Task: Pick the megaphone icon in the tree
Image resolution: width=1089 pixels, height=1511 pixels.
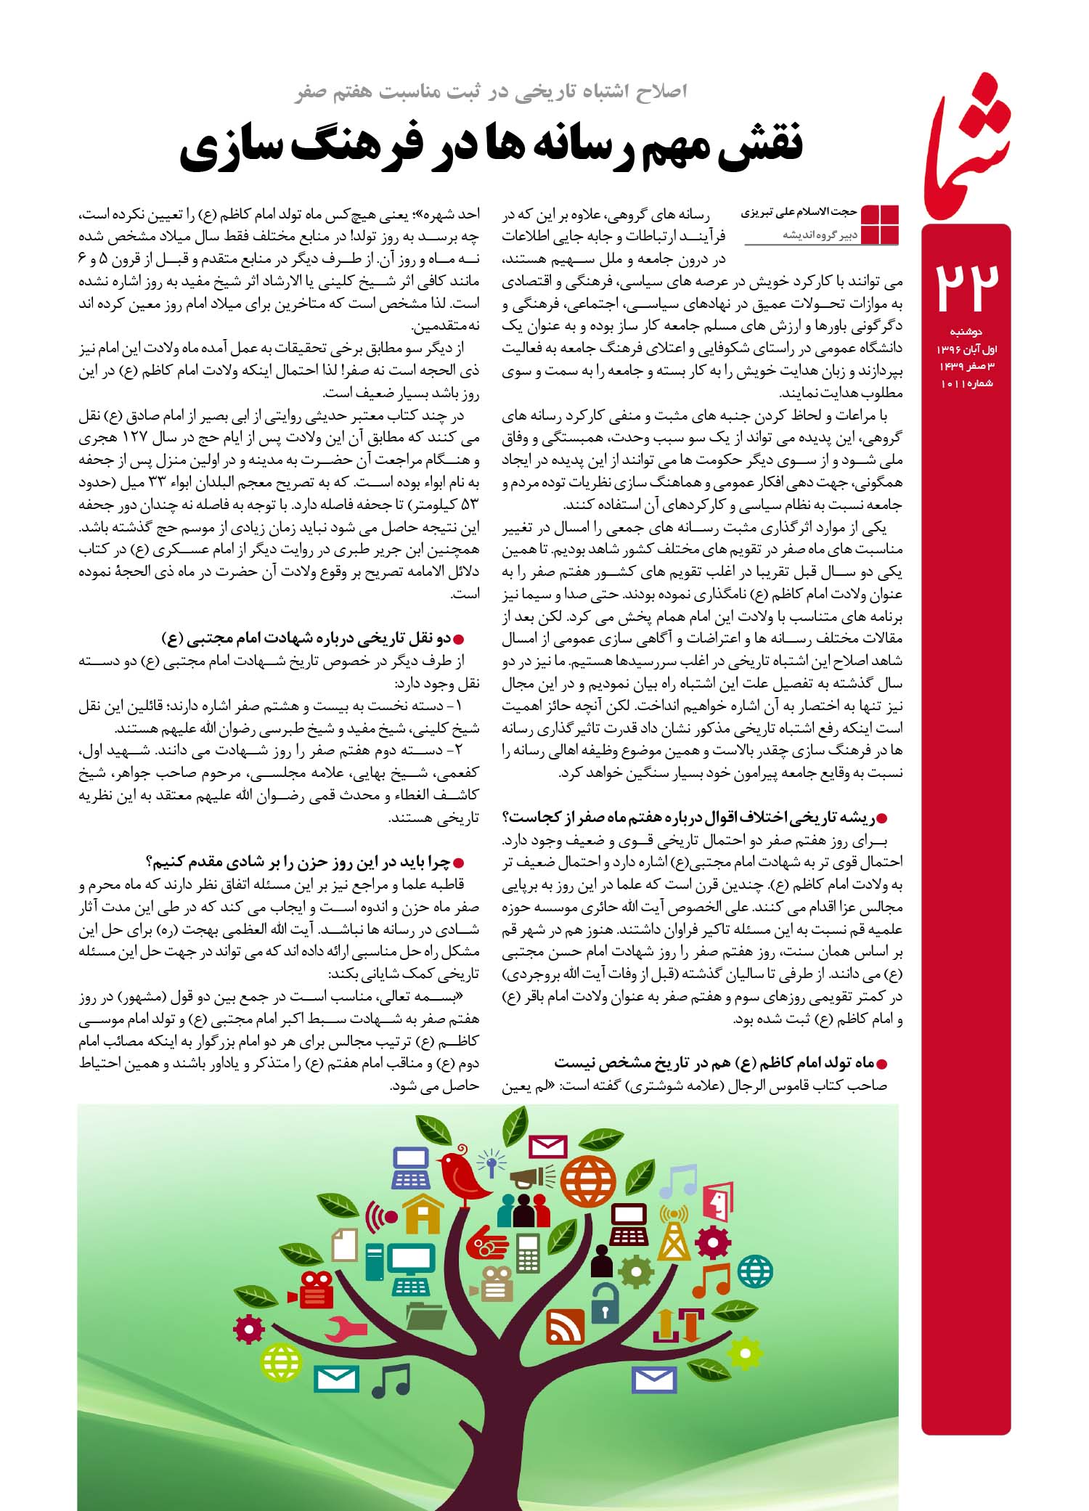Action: [x=531, y=1177]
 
